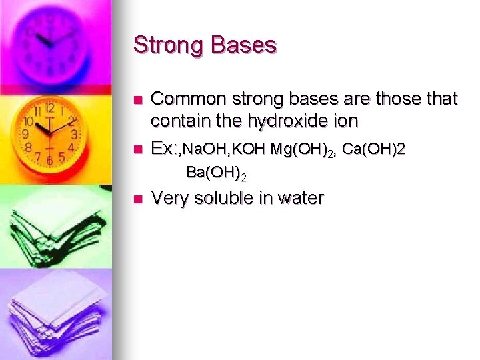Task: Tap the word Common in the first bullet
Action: [x=186, y=99]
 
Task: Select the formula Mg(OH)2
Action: [x=303, y=150]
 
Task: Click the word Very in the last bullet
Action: [x=170, y=198]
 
